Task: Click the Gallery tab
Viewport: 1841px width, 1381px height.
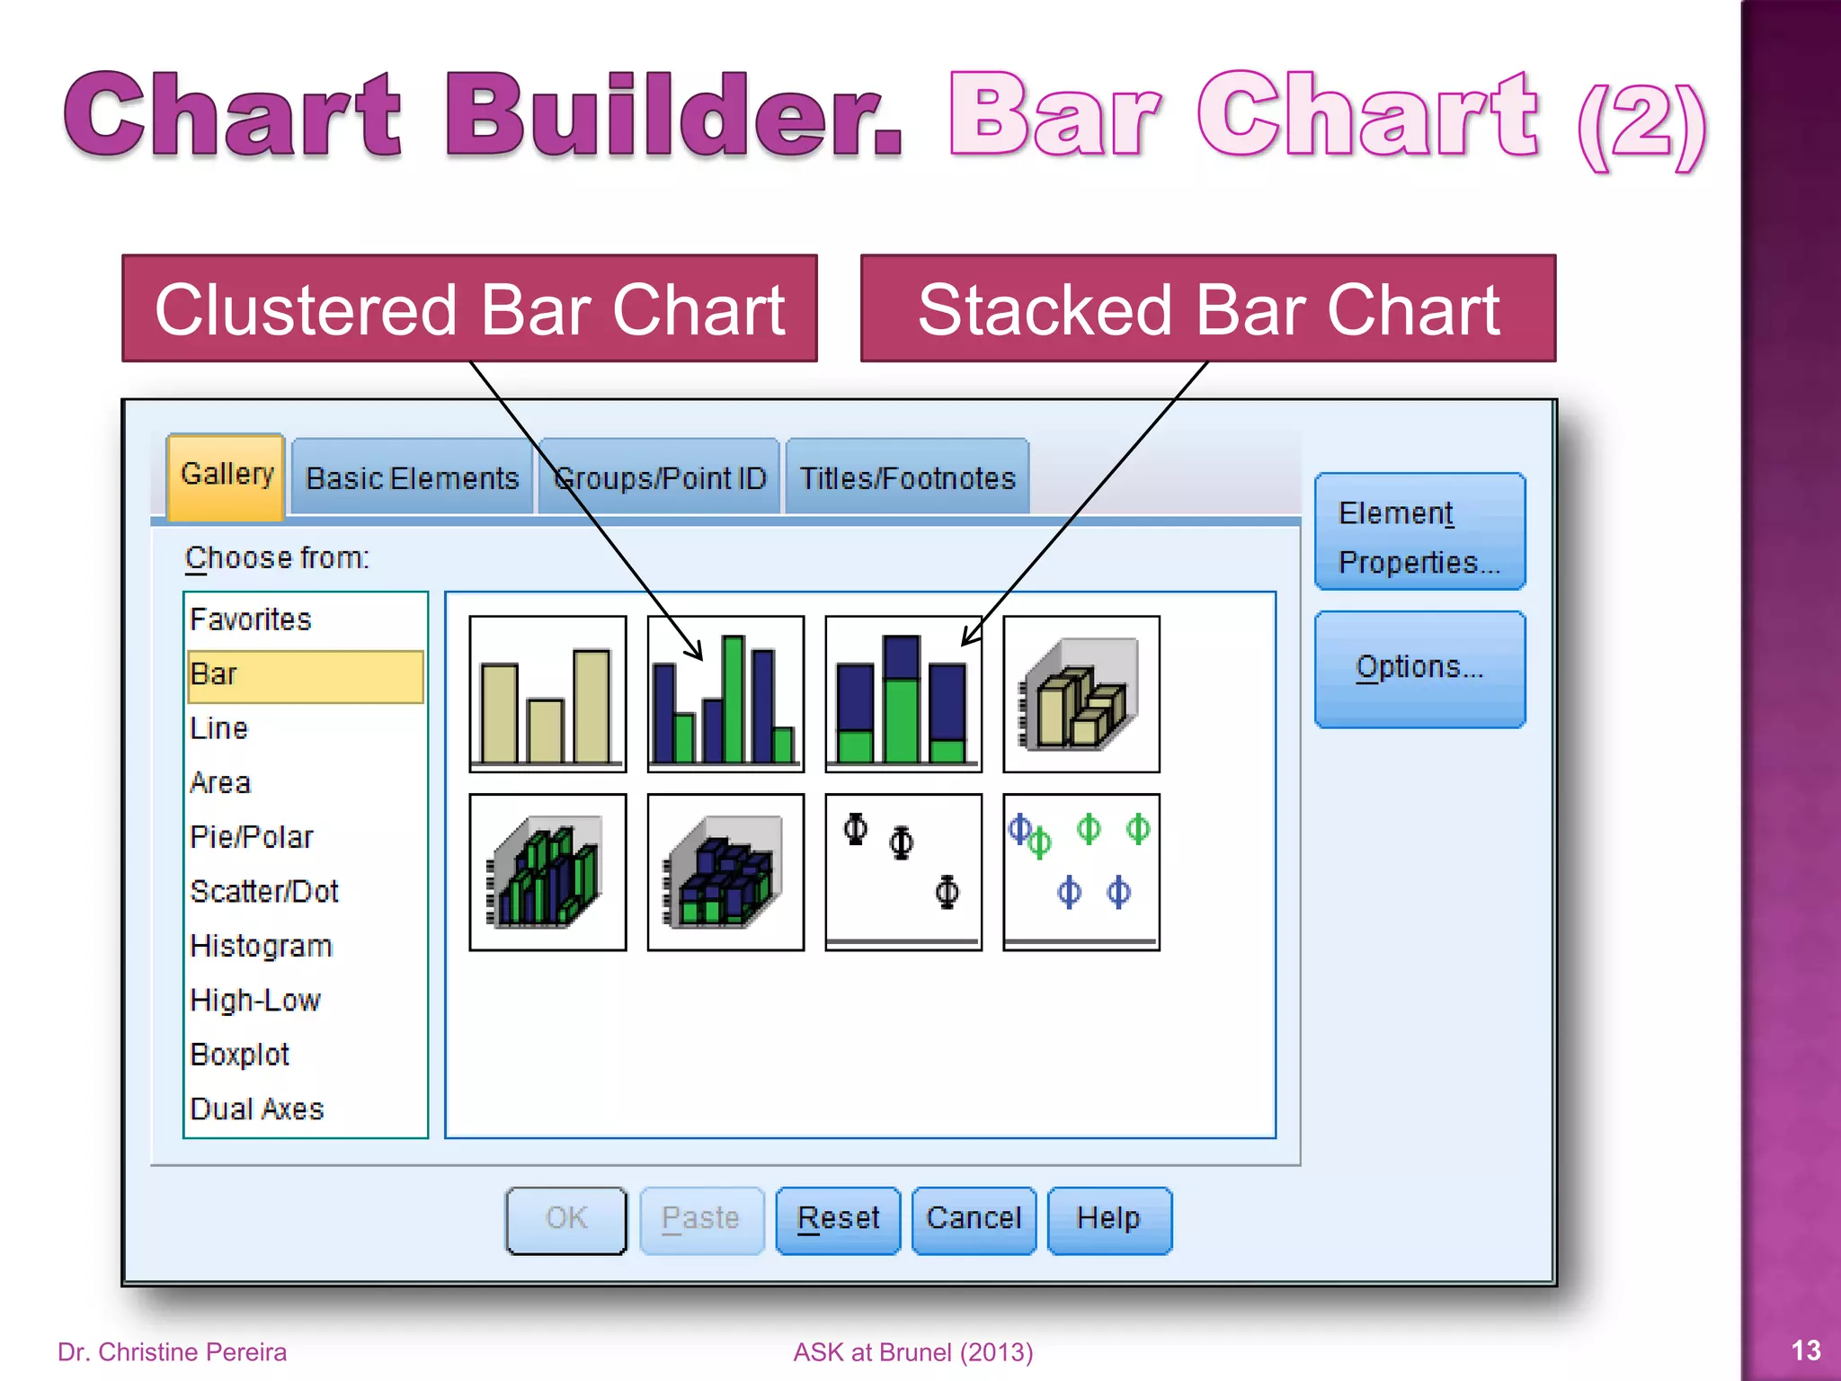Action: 227,475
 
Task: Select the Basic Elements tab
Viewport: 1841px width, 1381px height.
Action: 412,478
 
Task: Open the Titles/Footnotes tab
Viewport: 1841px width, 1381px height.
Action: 907,478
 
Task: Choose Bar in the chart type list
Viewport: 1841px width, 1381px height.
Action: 305,674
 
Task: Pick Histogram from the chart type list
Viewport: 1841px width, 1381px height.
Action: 262,946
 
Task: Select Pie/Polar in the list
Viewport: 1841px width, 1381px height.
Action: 252,837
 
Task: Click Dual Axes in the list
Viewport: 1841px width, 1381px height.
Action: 257,1109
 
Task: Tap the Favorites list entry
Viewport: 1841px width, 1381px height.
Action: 251,619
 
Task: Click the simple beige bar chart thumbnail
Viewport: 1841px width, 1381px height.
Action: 547,694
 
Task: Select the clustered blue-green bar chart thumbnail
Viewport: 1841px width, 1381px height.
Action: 725,694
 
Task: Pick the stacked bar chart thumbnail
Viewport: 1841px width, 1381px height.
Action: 903,694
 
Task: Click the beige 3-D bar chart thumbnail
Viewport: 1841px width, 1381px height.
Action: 1081,694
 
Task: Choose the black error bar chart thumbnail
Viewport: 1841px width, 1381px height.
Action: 903,872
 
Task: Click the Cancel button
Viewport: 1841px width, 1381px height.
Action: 974,1220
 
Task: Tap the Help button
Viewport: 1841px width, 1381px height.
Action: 1109,1220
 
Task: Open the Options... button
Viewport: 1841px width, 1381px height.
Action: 1419,669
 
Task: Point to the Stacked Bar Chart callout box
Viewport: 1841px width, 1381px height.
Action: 1208,308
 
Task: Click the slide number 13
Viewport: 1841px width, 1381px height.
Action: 1805,1350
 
